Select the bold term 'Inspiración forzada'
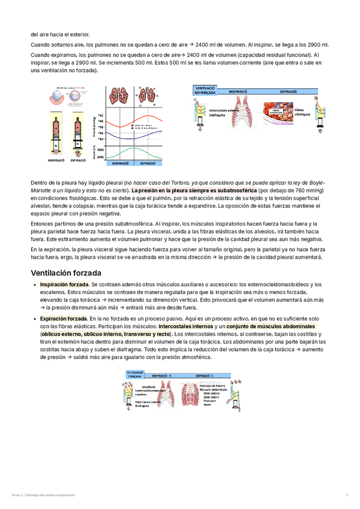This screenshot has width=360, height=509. pyautogui.click(x=64, y=284)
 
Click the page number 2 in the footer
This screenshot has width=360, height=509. pyautogui.click(x=347, y=494)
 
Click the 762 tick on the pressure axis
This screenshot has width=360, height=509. pyautogui.click(x=101, y=115)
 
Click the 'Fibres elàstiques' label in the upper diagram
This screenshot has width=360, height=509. pyautogui.click(x=303, y=112)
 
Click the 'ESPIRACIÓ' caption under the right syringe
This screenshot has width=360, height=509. pyautogui.click(x=78, y=161)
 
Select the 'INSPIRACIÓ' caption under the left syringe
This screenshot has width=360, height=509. pyautogui.click(x=57, y=161)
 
